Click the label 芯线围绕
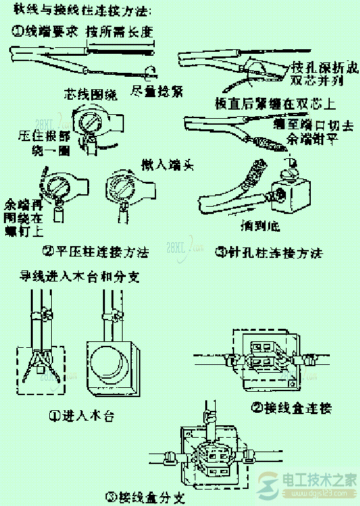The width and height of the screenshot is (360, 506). click(91, 95)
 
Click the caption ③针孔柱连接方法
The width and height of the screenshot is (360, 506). click(270, 252)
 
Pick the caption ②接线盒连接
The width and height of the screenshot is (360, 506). click(292, 408)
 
